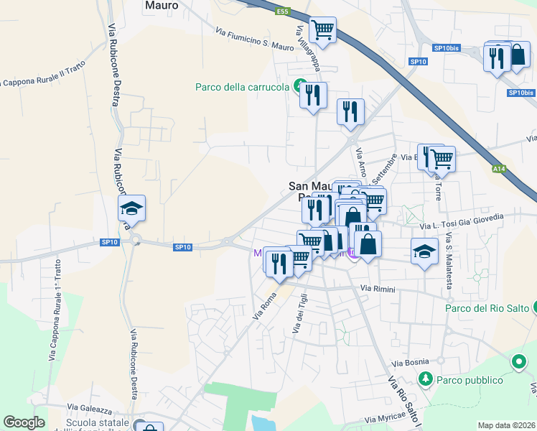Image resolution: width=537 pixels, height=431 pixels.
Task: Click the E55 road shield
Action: coord(283,11)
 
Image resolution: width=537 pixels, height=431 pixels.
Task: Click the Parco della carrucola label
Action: coord(243,88)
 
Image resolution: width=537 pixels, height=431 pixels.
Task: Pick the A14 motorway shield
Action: coord(499,169)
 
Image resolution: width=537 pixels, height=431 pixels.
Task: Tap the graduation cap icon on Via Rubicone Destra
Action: coord(131,209)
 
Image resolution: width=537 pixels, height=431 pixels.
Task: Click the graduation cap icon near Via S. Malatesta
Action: coord(424,251)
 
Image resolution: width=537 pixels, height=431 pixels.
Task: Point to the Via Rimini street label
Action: coord(378,289)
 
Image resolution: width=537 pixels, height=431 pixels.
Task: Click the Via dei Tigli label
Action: coord(299,313)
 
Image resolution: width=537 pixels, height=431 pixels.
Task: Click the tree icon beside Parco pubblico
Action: coord(425,378)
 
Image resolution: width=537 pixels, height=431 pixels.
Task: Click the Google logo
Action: coord(24,422)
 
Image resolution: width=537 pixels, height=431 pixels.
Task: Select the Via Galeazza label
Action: coord(90,409)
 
